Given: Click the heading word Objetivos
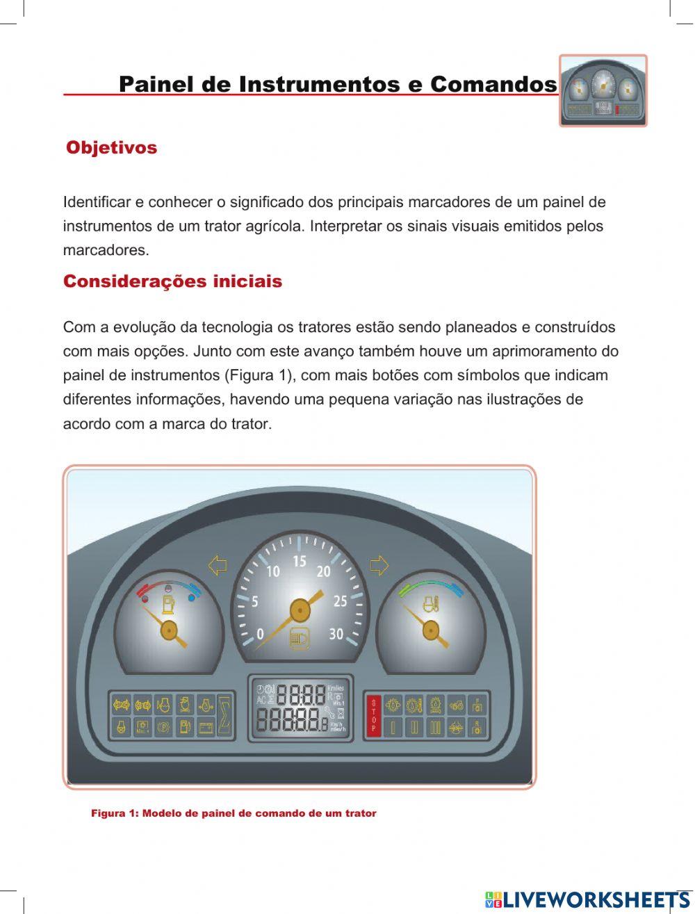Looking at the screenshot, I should point(111,147).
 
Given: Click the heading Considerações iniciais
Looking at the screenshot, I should point(172,281).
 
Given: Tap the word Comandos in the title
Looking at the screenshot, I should point(493,84).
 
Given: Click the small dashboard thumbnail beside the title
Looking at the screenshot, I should point(603,91).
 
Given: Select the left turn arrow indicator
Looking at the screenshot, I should point(218,565).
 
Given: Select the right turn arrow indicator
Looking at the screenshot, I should point(379,565).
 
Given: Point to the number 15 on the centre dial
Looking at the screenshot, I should point(299,562).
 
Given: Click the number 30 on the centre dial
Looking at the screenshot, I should point(336,634).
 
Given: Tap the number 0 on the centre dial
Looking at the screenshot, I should point(260,634).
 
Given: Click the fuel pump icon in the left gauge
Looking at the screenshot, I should point(167,603).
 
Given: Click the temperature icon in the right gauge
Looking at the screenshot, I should point(431,603).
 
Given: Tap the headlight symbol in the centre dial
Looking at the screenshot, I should point(300,637).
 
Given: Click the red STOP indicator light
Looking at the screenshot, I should point(373,715).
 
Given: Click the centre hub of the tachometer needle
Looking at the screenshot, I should point(300,610).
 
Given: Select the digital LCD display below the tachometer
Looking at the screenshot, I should point(300,708).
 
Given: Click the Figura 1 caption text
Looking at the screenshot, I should point(234,813).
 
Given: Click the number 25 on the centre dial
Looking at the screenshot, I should point(340,601).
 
